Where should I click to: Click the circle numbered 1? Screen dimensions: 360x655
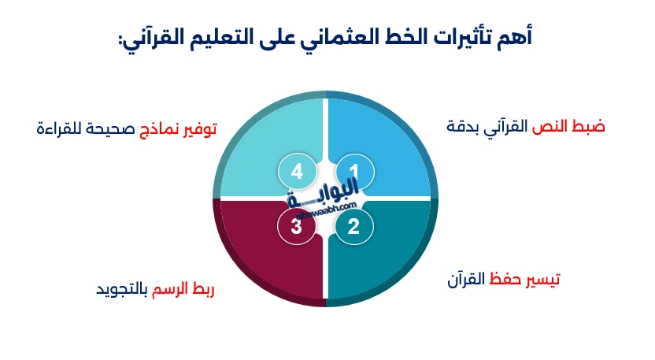tap(353, 171)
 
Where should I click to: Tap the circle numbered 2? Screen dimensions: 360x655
tap(353, 227)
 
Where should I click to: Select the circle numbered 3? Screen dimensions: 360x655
tap(296, 227)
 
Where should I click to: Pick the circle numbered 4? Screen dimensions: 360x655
tap(296, 171)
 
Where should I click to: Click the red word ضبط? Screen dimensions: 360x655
tap(588, 126)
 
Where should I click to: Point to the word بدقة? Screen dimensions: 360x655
tap(463, 127)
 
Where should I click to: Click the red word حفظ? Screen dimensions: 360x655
tap(505, 280)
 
